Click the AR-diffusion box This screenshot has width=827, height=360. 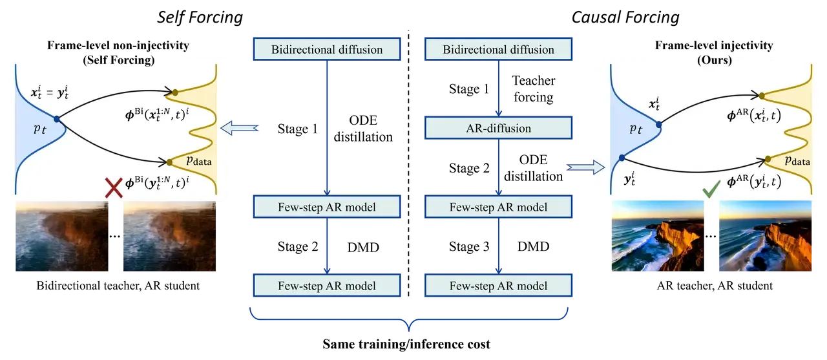pos(499,128)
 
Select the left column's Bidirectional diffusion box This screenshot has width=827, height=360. pos(327,49)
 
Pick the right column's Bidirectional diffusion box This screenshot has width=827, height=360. pos(499,49)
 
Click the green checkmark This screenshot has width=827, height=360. pos(712,191)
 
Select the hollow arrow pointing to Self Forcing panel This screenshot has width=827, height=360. pos(240,129)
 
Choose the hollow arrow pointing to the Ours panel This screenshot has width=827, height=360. pos(583,168)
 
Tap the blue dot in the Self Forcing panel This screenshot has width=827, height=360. pos(57,119)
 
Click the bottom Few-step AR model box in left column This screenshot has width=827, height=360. pos(327,286)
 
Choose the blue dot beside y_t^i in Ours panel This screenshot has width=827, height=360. pos(622,157)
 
